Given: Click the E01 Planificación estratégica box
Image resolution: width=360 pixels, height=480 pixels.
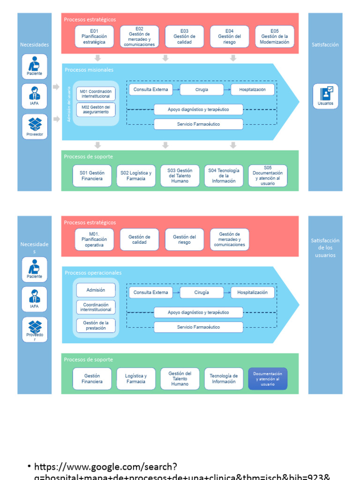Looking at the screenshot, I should (94, 37).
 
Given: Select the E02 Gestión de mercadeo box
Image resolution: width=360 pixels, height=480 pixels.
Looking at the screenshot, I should (139, 37).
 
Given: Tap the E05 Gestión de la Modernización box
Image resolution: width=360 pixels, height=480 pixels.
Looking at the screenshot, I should (275, 37).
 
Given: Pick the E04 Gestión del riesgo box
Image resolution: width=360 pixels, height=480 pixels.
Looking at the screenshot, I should (230, 37).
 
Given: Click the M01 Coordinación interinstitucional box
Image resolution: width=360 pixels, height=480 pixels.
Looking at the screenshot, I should (96, 94).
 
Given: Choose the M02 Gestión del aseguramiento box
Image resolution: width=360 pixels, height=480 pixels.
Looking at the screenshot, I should (96, 110).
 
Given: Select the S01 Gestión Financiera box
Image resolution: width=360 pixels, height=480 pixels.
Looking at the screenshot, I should (92, 176).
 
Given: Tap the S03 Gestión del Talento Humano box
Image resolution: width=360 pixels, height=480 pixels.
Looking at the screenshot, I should (180, 176).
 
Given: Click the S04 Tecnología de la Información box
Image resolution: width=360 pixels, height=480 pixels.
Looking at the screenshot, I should (224, 176).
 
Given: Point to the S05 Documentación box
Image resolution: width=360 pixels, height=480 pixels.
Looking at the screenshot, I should (268, 176).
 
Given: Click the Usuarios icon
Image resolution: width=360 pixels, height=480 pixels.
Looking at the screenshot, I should (325, 96).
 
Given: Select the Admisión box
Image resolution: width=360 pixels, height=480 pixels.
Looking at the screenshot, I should (96, 290).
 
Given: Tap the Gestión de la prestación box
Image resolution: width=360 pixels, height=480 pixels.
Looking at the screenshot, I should (96, 325).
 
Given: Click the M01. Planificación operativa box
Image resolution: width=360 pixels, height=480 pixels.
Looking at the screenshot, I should (94, 240).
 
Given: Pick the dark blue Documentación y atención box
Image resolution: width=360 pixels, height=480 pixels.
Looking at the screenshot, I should (268, 379).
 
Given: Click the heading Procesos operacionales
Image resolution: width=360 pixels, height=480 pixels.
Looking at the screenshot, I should (93, 273).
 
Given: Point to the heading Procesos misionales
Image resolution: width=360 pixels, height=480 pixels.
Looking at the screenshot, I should (89, 70).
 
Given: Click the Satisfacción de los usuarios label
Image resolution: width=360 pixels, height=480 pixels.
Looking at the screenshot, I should (325, 247).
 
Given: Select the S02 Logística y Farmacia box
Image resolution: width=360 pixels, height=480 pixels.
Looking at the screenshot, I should (136, 176).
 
